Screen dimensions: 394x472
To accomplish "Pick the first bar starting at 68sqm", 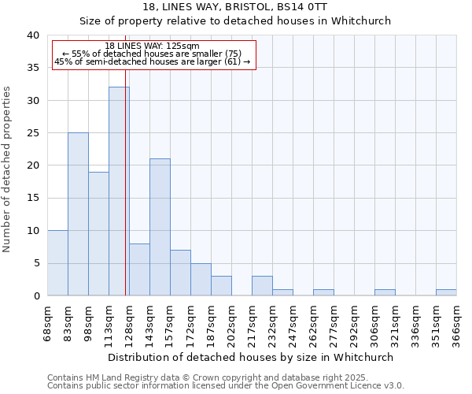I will [57, 263].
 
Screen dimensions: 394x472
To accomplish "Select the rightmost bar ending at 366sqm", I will [446, 292].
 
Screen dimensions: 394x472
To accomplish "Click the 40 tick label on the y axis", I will [32, 35].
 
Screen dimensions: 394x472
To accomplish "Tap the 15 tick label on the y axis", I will [32, 199].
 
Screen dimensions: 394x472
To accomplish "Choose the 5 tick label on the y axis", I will [35, 263].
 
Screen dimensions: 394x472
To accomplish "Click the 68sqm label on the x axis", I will [48, 321].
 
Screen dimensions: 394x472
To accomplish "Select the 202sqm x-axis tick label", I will [232, 321].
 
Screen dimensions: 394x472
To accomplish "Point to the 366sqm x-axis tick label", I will [456, 321].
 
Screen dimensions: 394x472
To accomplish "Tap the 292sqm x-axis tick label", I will [355, 321].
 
